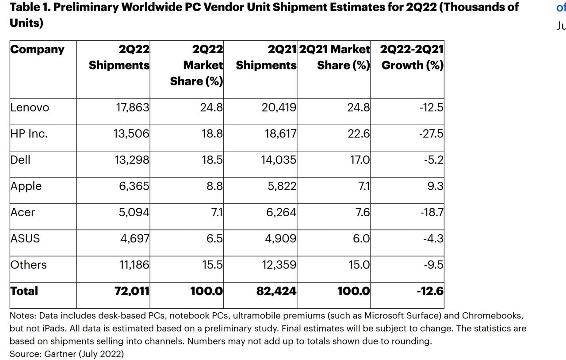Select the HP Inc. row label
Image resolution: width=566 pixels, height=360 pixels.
pyautogui.click(x=29, y=134)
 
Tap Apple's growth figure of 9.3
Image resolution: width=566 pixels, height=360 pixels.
pyautogui.click(x=435, y=186)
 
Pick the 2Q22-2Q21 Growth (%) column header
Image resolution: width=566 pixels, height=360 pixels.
pyautogui.click(x=412, y=57)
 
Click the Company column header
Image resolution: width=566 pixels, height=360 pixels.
pyautogui.click(x=37, y=50)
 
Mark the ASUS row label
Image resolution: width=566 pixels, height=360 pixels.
pyautogui.click(x=25, y=238)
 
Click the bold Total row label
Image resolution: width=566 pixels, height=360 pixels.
pyautogui.click(x=24, y=291)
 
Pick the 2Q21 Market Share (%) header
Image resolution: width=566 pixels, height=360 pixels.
pyautogui.click(x=335, y=57)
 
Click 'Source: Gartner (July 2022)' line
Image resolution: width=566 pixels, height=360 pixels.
pyautogui.click(x=67, y=354)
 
